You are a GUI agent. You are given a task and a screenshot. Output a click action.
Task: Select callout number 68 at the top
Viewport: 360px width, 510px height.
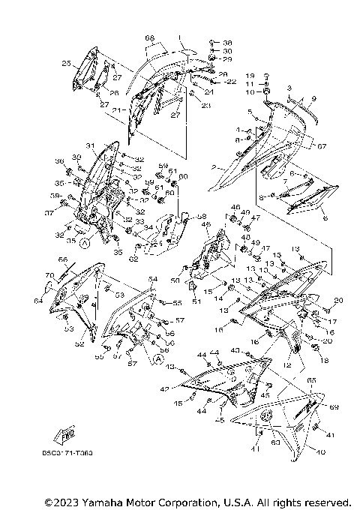point(149,38)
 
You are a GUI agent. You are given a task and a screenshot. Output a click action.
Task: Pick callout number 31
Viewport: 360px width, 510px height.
point(88,145)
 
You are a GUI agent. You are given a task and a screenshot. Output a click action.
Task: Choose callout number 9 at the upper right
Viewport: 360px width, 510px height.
point(314,98)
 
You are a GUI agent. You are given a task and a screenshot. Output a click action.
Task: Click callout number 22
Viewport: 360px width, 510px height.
point(232,81)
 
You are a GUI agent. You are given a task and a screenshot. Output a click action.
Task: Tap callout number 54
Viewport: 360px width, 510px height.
point(154,279)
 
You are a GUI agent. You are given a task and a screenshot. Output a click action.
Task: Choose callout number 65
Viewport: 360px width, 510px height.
point(311,381)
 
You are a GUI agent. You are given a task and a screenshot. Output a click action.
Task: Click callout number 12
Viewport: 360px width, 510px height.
point(286,365)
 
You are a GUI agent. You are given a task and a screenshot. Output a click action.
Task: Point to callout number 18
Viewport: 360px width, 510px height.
point(325,360)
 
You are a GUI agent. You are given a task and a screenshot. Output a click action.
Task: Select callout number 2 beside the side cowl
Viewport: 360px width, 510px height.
point(213,166)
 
